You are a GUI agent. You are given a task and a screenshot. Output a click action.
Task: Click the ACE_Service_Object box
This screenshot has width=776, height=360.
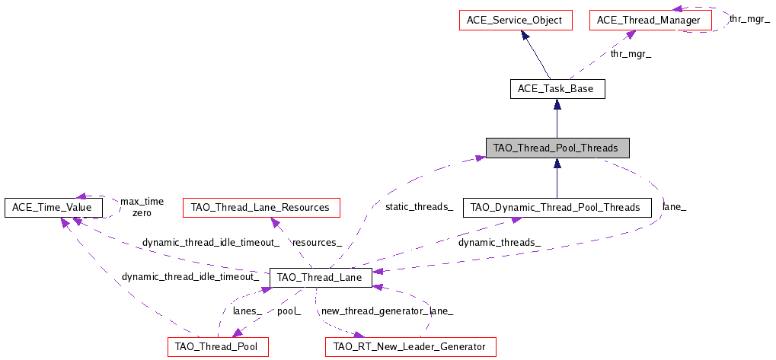pyautogui.click(x=516, y=21)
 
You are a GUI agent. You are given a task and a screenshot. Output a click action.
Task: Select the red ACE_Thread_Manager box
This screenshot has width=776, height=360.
pyautogui.click(x=650, y=21)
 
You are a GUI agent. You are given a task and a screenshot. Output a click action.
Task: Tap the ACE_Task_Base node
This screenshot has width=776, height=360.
pyautogui.click(x=556, y=90)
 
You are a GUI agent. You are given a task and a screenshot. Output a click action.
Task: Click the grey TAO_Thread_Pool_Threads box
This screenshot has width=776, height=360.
pyautogui.click(x=557, y=148)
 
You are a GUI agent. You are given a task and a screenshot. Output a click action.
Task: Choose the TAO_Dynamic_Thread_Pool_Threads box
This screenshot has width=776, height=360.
pyautogui.click(x=557, y=207)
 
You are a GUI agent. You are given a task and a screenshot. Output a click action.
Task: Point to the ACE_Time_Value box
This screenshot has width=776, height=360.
pyautogui.click(x=53, y=207)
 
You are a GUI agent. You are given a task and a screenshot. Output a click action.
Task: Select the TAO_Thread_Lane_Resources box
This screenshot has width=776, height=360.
pyautogui.click(x=261, y=207)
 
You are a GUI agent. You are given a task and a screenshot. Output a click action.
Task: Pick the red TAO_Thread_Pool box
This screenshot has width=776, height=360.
pyautogui.click(x=218, y=346)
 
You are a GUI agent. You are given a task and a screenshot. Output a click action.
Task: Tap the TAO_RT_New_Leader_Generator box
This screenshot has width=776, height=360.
pyautogui.click(x=410, y=346)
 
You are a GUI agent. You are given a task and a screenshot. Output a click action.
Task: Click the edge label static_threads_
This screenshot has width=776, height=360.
pyautogui.click(x=419, y=206)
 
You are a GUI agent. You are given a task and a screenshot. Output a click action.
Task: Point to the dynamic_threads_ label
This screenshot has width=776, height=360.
pyautogui.click(x=500, y=243)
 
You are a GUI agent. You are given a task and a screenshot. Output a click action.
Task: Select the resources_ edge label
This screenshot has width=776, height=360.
pyautogui.click(x=317, y=243)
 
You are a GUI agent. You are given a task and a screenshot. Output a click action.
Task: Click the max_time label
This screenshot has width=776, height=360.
pyautogui.click(x=142, y=201)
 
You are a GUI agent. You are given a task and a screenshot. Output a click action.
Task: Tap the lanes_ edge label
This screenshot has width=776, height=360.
pyautogui.click(x=247, y=311)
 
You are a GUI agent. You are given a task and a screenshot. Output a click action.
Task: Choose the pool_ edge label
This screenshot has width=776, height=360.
pyautogui.click(x=289, y=311)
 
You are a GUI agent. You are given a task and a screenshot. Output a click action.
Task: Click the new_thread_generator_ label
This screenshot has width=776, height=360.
pyautogui.click(x=374, y=311)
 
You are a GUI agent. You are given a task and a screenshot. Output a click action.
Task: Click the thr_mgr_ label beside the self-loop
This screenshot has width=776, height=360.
pyautogui.click(x=749, y=19)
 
